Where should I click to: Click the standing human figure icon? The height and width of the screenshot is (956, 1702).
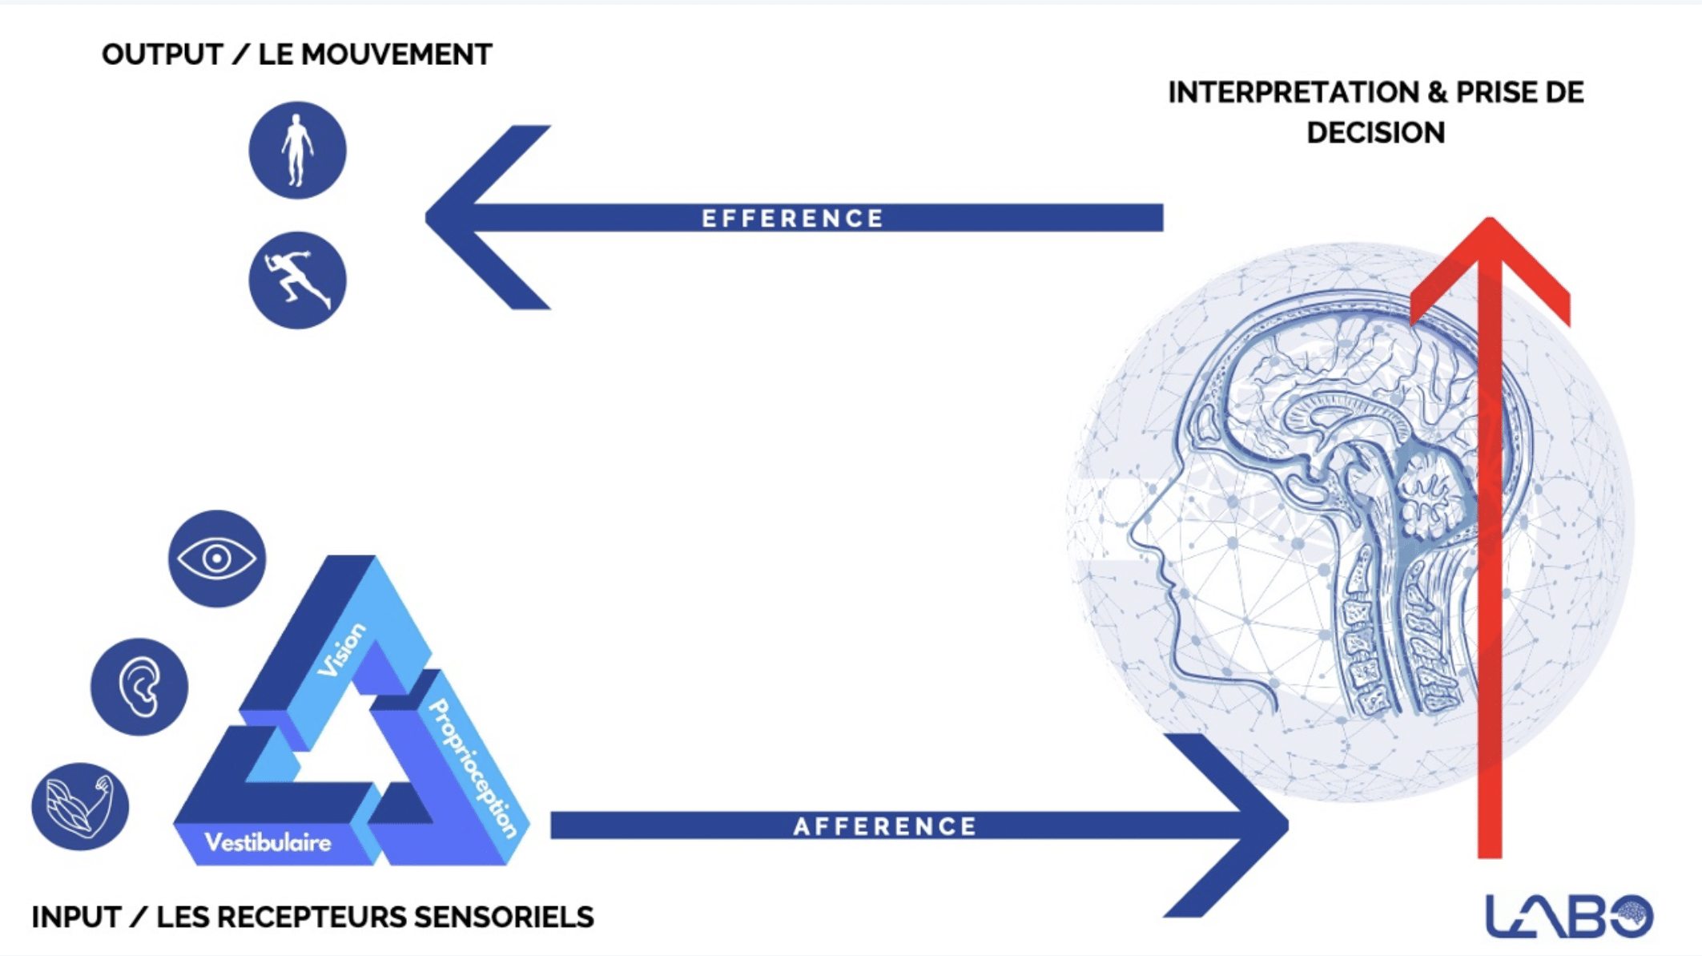coord(297,150)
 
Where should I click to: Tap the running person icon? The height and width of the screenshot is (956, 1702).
coord(297,280)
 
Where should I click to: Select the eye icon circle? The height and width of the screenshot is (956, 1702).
coord(217,559)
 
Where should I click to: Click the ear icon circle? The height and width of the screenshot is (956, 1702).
coord(139,687)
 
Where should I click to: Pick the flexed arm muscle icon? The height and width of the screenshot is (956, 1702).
coord(80,806)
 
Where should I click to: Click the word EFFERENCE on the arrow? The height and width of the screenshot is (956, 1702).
coord(793,218)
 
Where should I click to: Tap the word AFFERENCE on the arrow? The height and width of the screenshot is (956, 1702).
coord(885,826)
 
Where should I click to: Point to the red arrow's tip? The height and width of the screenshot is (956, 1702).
coord(1490,218)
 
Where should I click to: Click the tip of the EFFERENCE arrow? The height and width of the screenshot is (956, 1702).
coord(426,217)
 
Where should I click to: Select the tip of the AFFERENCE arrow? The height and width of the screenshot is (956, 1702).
coord(1288,825)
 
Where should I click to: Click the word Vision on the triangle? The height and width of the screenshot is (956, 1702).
coord(342,650)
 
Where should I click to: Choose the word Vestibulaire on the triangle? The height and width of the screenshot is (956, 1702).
coord(268,842)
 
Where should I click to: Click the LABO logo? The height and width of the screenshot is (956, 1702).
coord(1569,916)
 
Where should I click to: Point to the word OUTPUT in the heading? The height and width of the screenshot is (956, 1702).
coord(162,54)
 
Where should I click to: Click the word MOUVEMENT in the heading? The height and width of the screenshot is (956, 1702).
coord(396,54)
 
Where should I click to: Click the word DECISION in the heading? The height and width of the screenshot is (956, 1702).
coord(1375,132)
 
